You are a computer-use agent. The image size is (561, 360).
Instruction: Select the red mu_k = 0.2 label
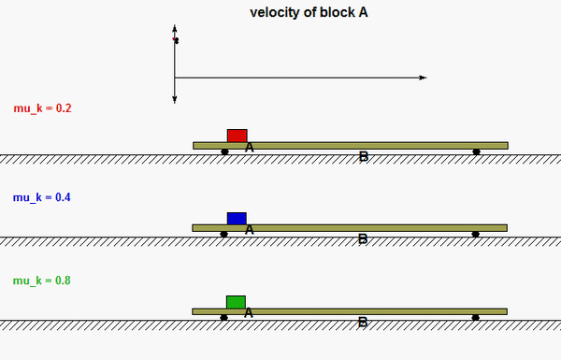point(43,108)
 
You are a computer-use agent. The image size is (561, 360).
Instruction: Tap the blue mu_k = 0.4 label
point(43,197)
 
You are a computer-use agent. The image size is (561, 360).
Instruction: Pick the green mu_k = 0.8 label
point(43,281)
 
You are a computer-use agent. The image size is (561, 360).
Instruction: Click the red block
point(237,136)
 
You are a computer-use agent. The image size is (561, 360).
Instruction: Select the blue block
point(237,218)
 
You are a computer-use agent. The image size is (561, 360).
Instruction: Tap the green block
point(236,301)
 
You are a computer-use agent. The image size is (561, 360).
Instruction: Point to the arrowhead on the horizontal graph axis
point(423,77)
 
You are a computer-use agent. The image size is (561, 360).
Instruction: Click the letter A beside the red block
point(250,147)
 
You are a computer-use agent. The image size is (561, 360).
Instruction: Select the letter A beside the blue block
point(249,229)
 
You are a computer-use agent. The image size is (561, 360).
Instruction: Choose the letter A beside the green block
point(248,312)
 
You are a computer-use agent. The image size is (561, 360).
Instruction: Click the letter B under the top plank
point(364,157)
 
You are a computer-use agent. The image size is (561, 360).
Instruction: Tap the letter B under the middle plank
point(363,239)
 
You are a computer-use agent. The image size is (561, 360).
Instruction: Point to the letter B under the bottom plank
point(363,323)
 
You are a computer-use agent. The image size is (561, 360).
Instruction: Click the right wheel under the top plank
point(476,151)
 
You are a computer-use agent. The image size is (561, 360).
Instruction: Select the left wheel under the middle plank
point(223,234)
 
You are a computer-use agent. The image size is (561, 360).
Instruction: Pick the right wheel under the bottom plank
point(475,318)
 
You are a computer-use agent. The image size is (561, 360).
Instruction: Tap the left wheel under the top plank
point(224,151)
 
